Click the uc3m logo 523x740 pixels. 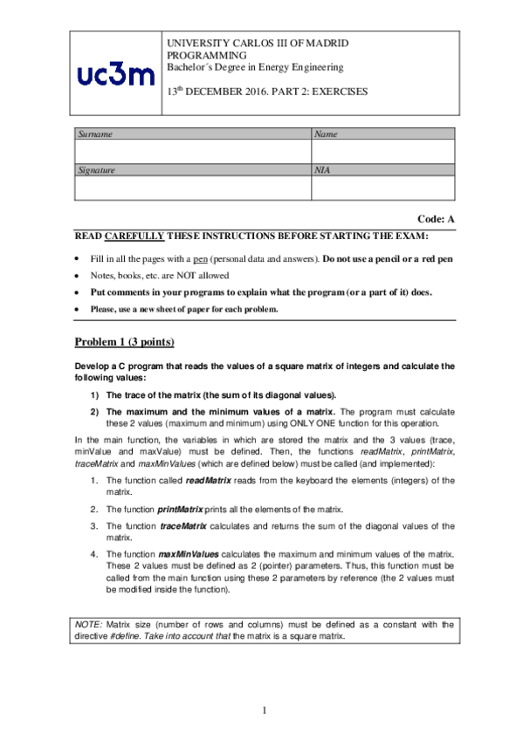click(x=115, y=75)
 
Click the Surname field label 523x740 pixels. click(x=95, y=134)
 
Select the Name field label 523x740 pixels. click(x=326, y=134)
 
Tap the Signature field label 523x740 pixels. click(x=97, y=171)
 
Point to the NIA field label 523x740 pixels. click(x=323, y=171)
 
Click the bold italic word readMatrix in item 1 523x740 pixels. click(x=208, y=481)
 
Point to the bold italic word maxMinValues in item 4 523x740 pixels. click(x=189, y=554)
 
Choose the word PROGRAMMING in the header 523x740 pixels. click(x=203, y=55)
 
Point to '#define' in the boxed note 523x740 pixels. click(x=125, y=636)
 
